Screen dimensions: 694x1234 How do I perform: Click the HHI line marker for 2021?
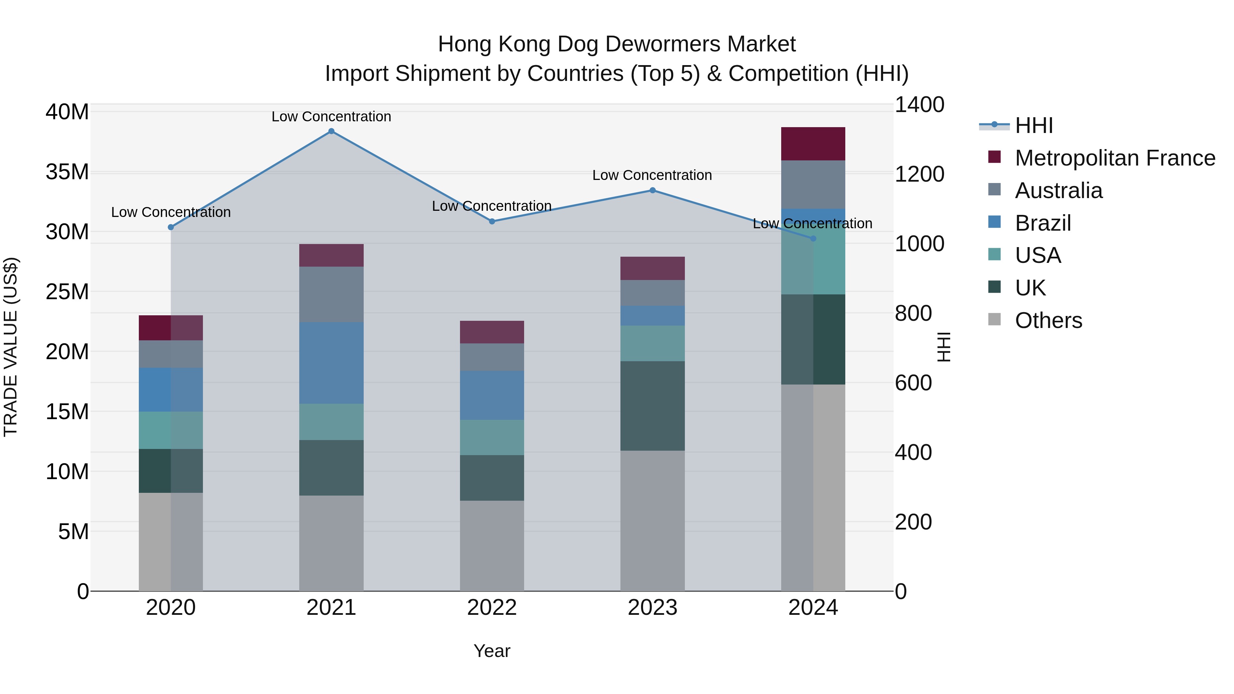(x=331, y=131)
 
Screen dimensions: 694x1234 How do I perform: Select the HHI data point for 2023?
(x=652, y=190)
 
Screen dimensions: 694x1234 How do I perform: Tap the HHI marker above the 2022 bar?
(x=492, y=221)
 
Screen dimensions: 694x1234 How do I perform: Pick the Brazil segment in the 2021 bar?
(x=331, y=363)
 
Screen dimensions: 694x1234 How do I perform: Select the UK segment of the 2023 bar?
(x=652, y=406)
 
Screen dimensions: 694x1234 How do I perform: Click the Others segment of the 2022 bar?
(x=492, y=546)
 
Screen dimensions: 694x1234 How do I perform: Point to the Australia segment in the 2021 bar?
(x=331, y=294)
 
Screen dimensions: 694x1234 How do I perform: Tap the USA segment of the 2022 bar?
(x=492, y=437)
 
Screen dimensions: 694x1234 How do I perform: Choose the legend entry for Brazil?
(x=1042, y=223)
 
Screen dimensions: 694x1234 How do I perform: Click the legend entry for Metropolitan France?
(x=1114, y=158)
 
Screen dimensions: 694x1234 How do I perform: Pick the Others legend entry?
(x=1048, y=320)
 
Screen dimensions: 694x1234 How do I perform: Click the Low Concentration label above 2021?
(x=331, y=117)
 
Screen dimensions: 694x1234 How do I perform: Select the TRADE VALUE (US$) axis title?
(x=11, y=347)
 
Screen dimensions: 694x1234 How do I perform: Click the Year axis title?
(x=492, y=651)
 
